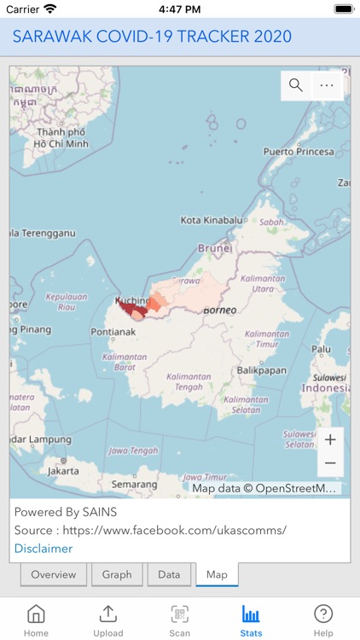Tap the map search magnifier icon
[x=296, y=84]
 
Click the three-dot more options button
[x=327, y=84]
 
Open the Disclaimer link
[x=44, y=548]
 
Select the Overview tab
[x=54, y=574]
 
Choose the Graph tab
[x=117, y=574]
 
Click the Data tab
[x=169, y=574]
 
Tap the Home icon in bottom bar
[x=36, y=614]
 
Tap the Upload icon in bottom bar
[x=108, y=614]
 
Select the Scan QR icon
[x=180, y=614]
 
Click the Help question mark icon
[x=323, y=614]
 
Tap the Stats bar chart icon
[x=251, y=614]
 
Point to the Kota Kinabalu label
[x=212, y=220]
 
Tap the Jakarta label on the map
[x=63, y=470]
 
